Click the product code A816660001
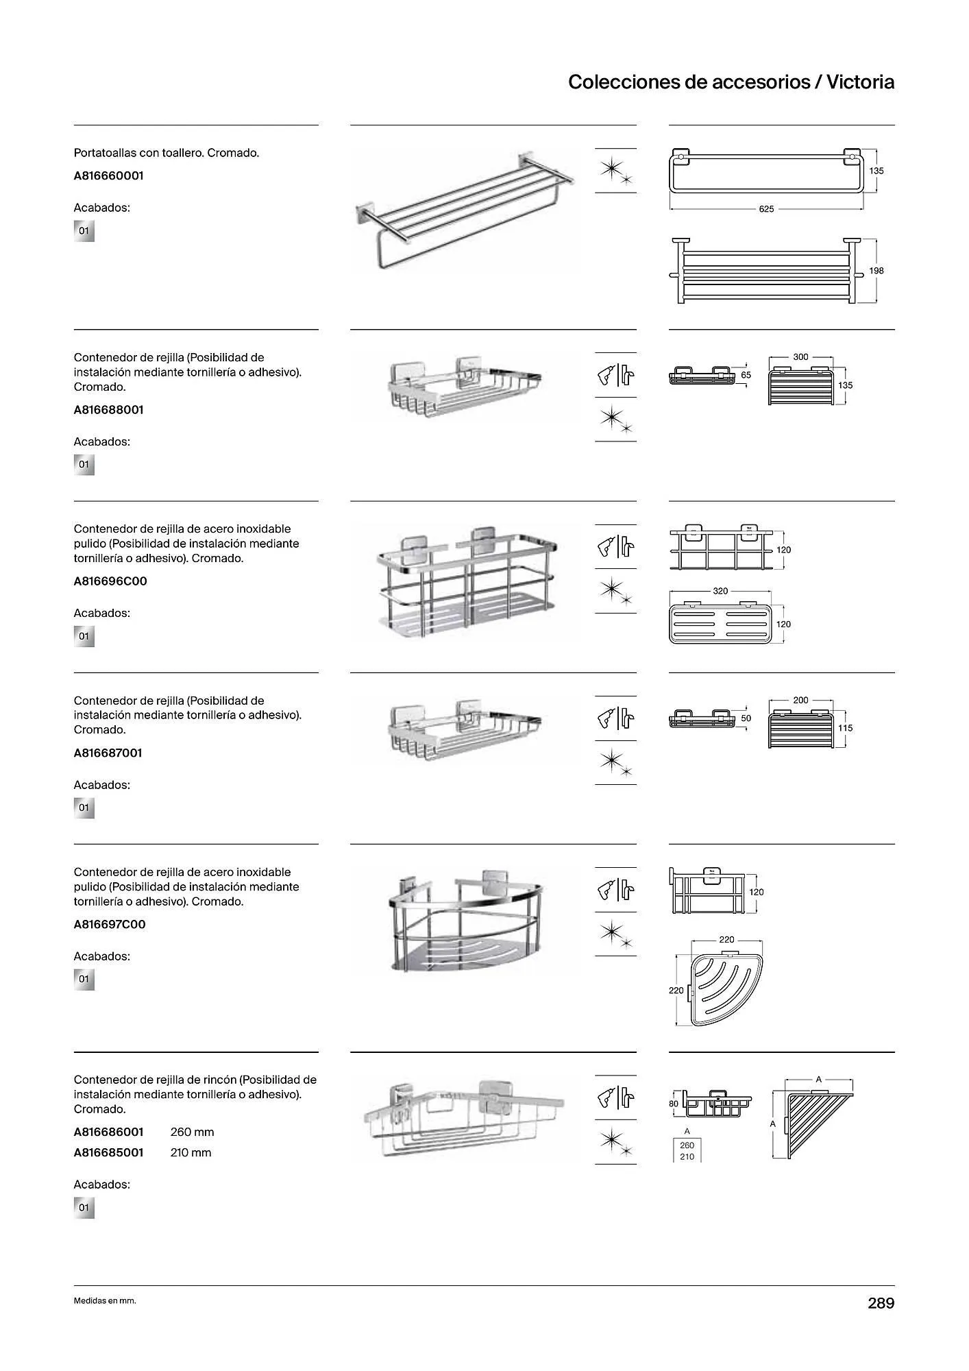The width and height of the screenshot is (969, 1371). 108,175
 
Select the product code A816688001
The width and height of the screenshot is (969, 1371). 108,410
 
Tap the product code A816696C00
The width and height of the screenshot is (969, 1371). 110,581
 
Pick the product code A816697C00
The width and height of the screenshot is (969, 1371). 110,924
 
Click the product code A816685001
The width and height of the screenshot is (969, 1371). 108,1152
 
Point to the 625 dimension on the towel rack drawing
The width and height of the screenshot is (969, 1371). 766,209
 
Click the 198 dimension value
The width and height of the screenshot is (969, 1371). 876,271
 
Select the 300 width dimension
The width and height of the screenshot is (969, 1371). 800,357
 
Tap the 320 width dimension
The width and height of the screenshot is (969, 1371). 720,591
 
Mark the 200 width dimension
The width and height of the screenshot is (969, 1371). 800,701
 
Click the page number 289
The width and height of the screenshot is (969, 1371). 881,1303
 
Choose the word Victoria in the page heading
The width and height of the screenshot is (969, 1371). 860,82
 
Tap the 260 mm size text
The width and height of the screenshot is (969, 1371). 192,1132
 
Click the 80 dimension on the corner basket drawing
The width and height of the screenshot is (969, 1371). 674,1104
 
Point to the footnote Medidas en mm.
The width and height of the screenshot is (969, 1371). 105,1301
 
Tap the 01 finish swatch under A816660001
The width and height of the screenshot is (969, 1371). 84,231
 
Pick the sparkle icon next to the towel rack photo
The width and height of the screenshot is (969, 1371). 615,171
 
